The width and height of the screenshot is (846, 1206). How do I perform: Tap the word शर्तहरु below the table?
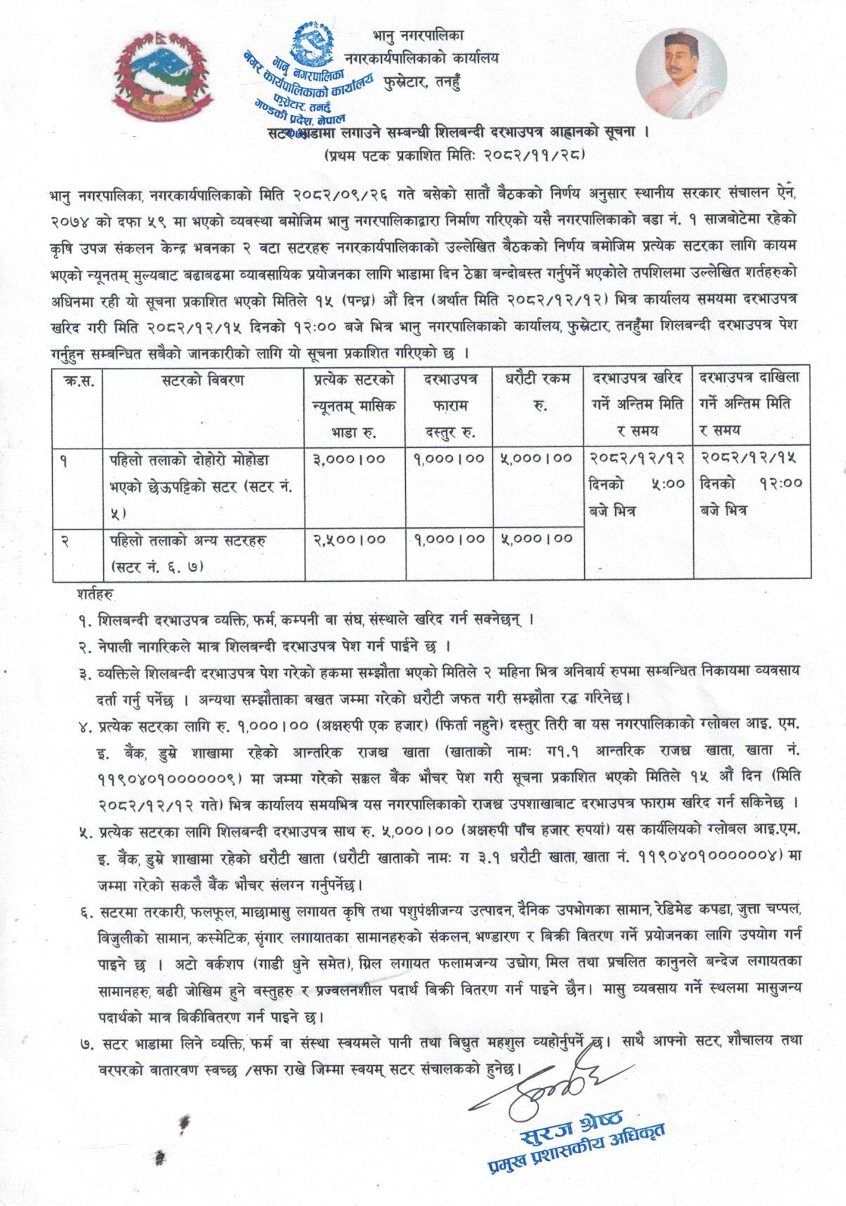[97, 593]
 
